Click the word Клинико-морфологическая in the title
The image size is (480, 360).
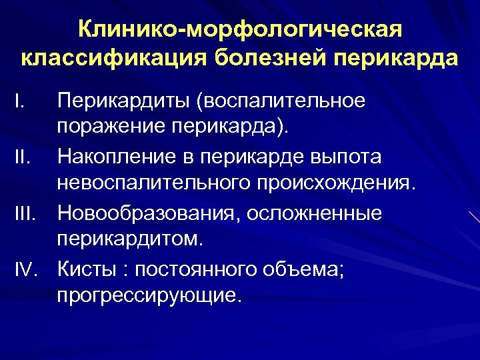(x=240, y=29)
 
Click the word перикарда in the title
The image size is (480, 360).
(x=394, y=58)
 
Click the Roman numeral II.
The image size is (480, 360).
(x=23, y=157)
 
